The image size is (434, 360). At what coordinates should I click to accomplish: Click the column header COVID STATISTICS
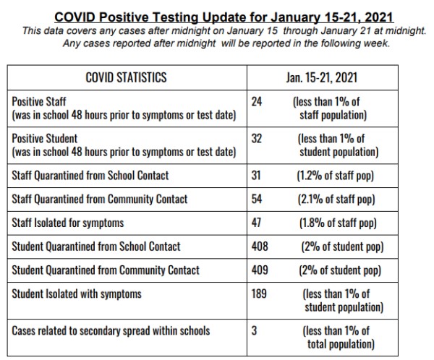tap(126, 77)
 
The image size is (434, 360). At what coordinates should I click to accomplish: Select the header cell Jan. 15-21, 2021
tap(322, 77)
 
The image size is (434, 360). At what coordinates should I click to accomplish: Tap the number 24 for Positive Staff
tap(257, 101)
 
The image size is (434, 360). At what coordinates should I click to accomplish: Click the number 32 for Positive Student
tap(257, 138)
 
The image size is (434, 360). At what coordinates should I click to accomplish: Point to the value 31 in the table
tap(256, 176)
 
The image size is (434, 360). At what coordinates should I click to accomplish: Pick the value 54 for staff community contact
tap(257, 199)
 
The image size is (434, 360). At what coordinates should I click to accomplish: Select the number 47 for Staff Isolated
tap(256, 223)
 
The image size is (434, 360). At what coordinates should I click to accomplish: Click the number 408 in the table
tap(260, 247)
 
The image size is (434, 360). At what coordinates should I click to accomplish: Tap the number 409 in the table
tap(260, 270)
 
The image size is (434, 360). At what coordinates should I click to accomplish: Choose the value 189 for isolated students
tap(259, 294)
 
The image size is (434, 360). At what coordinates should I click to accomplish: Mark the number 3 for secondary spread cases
tap(254, 330)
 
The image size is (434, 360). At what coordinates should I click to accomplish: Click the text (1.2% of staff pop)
tap(335, 176)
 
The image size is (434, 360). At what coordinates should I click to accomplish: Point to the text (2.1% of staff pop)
tap(336, 200)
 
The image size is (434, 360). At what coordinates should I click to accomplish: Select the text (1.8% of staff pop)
tap(338, 223)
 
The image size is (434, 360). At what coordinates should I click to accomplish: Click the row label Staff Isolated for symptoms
tap(68, 223)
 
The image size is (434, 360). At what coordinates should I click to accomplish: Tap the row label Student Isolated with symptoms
tap(77, 294)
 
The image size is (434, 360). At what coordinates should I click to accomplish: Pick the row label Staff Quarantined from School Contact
tap(90, 176)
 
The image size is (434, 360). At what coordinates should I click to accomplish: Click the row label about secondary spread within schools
tap(111, 331)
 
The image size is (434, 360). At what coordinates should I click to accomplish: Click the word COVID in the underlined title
tap(75, 17)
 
